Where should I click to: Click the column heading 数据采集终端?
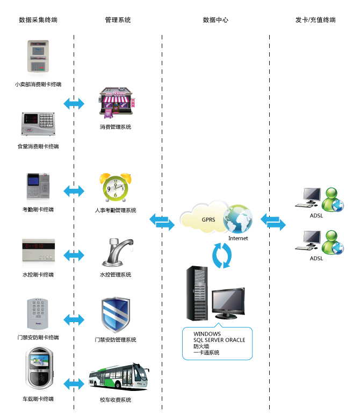coord(38,20)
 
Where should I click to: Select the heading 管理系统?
coord(118,20)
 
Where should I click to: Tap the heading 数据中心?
coord(215,20)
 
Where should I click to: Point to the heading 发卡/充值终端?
coord(315,20)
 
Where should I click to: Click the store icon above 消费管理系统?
coord(115,104)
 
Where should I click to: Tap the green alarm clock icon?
coord(115,187)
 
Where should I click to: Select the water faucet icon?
coord(116,253)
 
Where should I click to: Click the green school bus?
coord(118,378)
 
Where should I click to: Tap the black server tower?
coord(197,293)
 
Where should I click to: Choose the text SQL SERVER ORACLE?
coord(219,340)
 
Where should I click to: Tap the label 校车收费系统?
coord(115,400)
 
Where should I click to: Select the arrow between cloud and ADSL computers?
coord(273,220)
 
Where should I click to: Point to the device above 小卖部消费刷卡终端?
coord(38,56)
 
